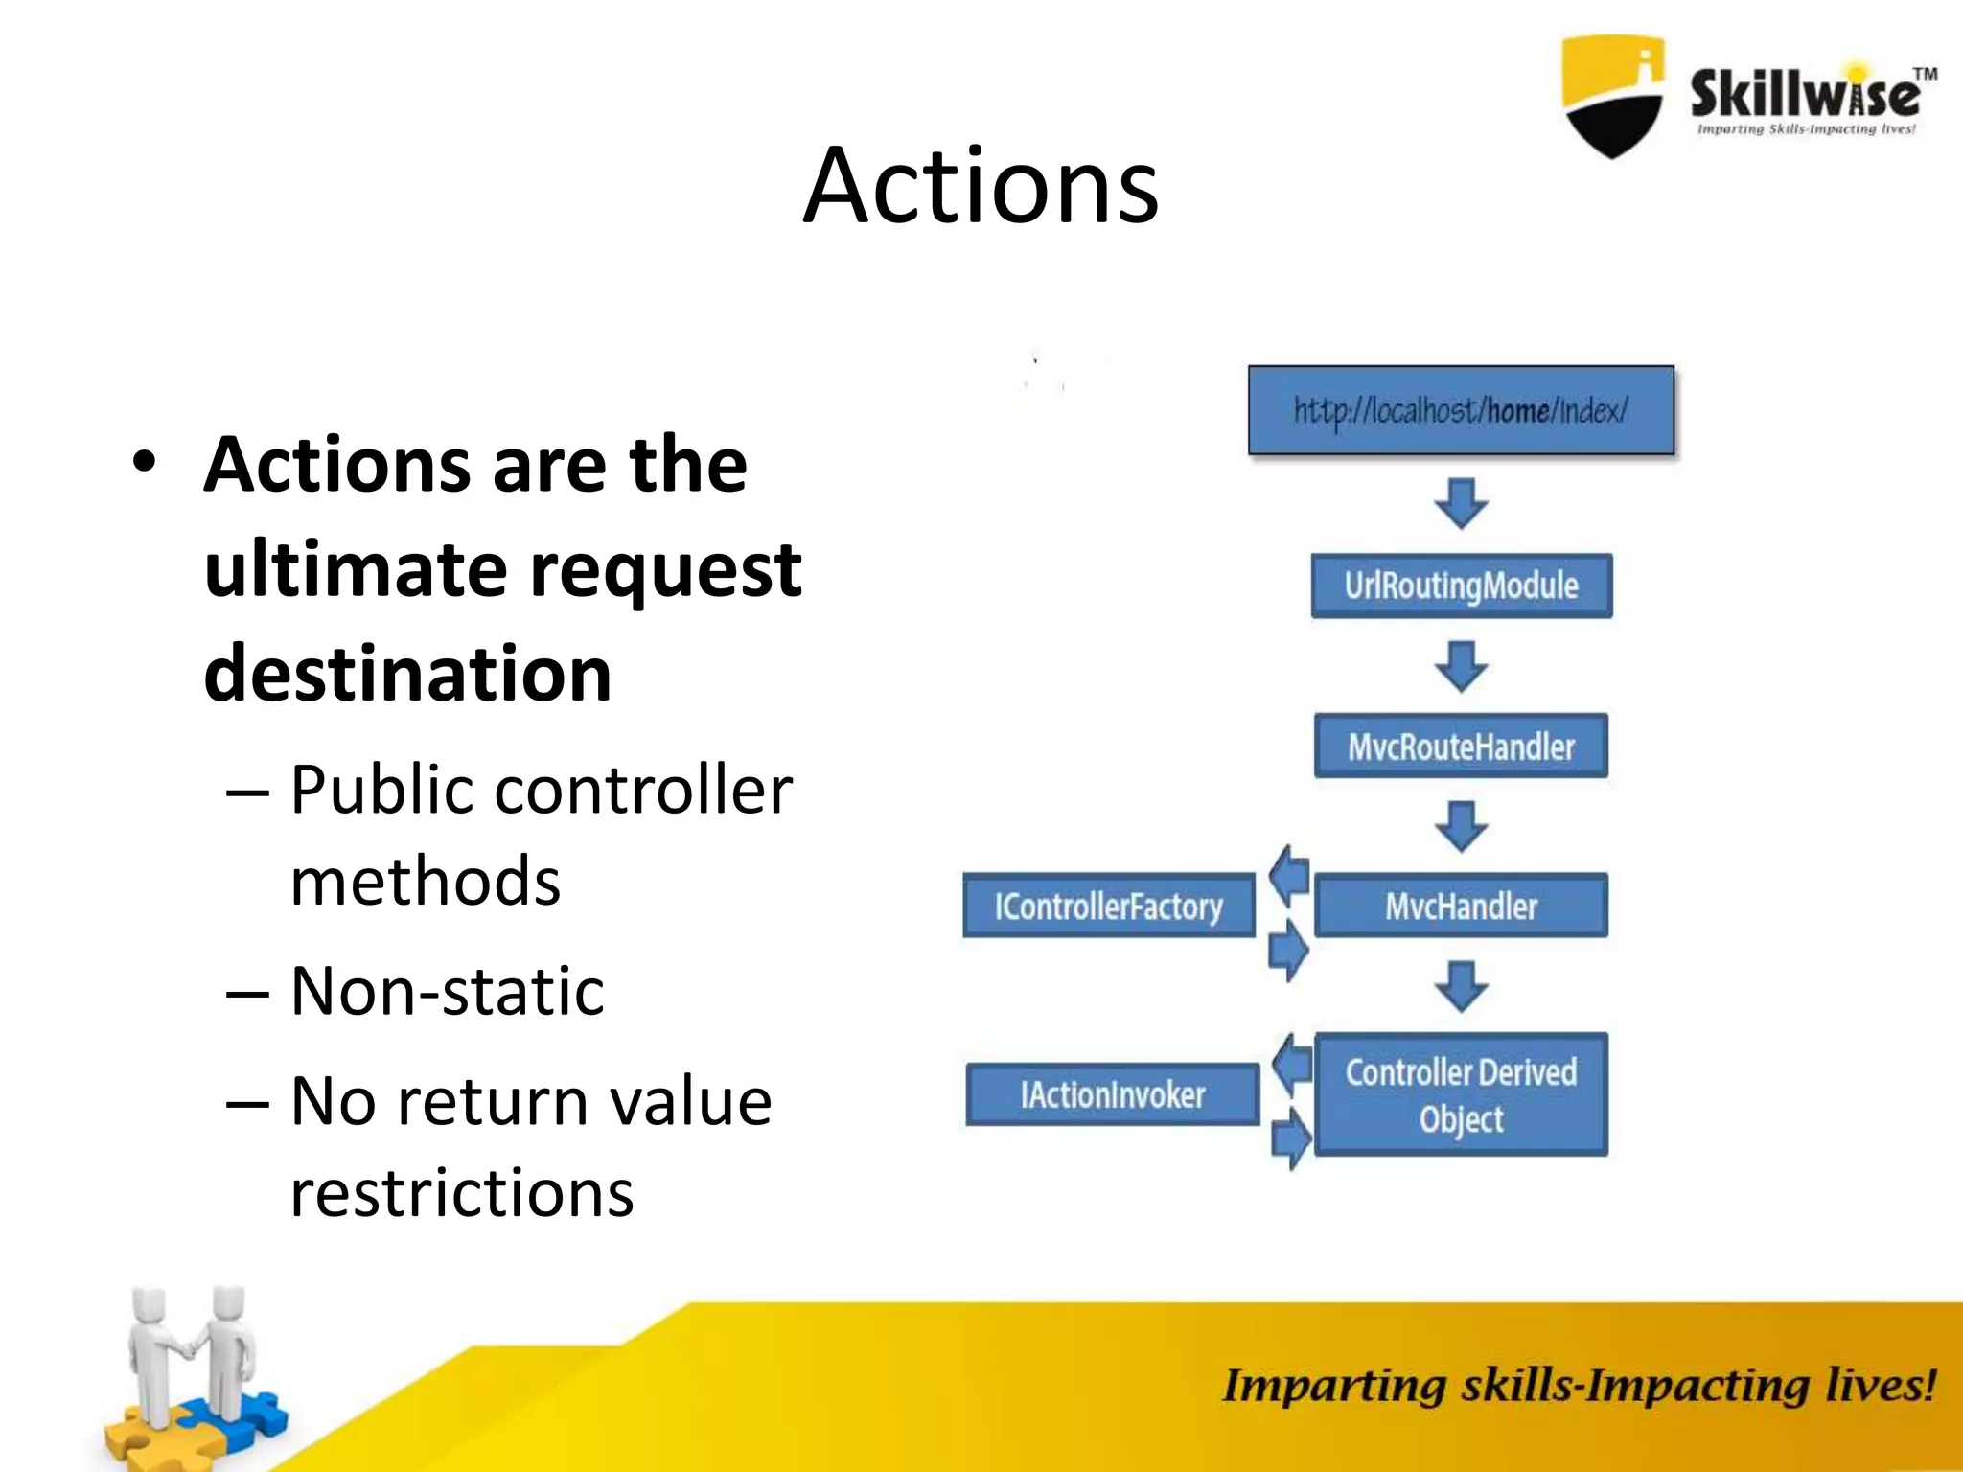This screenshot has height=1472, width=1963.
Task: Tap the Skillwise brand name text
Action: click(1805, 95)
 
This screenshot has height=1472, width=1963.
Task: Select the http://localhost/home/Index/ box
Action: click(1461, 410)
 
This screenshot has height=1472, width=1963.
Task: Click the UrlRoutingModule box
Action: click(1461, 586)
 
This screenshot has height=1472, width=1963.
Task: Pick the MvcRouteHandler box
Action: click(1461, 746)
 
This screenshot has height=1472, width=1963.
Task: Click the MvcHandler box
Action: click(1461, 906)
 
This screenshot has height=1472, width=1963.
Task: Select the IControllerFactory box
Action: click(1108, 906)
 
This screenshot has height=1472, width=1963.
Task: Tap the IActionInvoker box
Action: click(1112, 1094)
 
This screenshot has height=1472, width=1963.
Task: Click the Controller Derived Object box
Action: click(1461, 1094)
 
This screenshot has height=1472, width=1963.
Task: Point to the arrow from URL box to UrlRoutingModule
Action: click(1461, 503)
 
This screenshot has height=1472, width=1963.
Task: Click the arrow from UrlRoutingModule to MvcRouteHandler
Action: click(1461, 666)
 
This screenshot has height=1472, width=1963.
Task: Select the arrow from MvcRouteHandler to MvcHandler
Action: click(1461, 826)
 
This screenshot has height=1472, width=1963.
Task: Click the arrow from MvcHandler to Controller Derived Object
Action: click(1461, 986)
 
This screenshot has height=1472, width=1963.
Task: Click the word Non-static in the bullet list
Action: click(447, 991)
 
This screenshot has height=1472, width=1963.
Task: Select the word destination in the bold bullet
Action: click(407, 673)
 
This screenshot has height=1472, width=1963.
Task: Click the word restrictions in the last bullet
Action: click(461, 1193)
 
